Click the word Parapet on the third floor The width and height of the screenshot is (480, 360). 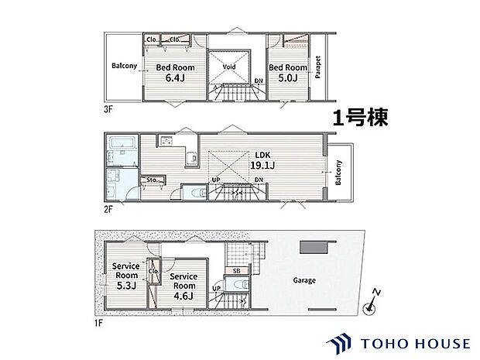(319, 67)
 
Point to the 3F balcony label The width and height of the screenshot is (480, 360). (123, 67)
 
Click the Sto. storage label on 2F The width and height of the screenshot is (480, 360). (154, 180)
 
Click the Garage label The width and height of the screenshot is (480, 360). (304, 279)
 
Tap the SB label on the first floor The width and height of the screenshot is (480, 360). (236, 272)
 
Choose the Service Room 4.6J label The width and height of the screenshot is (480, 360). (183, 286)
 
